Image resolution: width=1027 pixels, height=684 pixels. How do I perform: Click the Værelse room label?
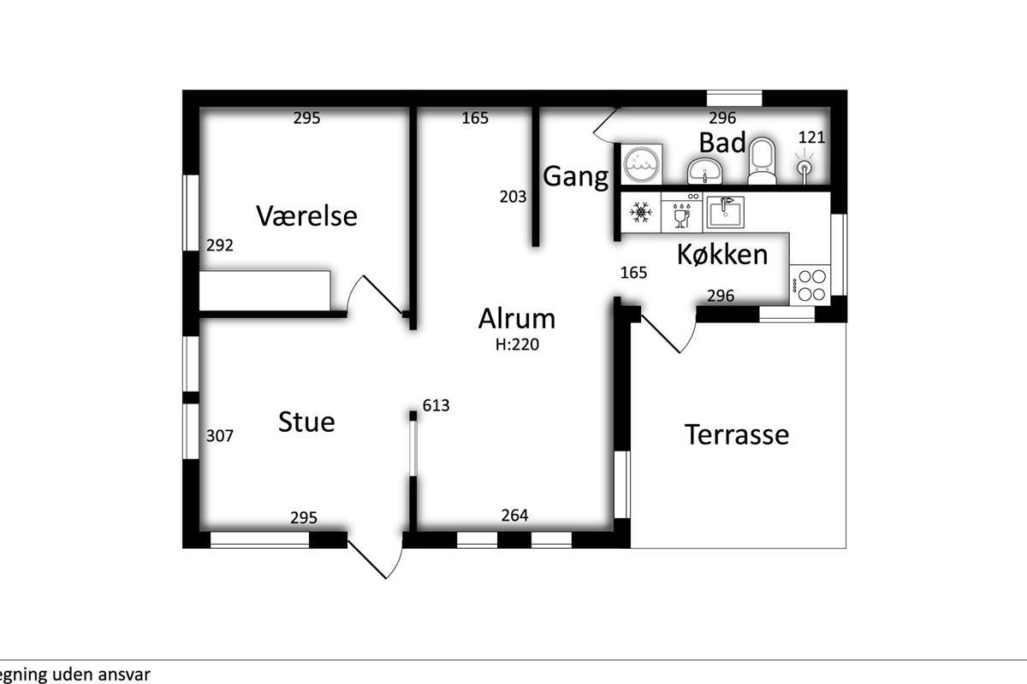(306, 215)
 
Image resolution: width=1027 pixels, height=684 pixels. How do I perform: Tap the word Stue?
(306, 422)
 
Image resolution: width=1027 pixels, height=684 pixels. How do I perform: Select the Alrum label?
(517, 318)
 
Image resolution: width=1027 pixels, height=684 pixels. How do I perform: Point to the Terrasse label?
(737, 434)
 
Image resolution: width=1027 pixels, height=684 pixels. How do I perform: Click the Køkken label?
(722, 254)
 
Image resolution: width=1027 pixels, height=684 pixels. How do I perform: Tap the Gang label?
(576, 177)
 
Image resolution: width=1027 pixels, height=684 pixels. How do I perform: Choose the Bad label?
(722, 142)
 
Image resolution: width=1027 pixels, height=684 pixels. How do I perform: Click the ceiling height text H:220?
(517, 344)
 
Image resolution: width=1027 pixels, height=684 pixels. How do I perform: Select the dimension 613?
(436, 405)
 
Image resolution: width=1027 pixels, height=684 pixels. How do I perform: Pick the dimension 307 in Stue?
(220, 436)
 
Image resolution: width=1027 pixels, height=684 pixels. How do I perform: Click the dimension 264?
(515, 516)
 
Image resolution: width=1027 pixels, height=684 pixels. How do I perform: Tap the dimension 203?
(513, 197)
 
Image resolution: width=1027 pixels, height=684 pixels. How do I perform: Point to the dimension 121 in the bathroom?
(811, 138)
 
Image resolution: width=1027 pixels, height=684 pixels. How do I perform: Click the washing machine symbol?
(642, 164)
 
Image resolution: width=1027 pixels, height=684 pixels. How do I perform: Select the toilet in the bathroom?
(762, 161)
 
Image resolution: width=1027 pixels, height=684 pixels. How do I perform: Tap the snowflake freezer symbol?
(640, 212)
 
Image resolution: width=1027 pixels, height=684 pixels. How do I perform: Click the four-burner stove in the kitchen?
(810, 285)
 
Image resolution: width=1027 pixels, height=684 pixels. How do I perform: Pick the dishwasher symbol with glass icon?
(682, 212)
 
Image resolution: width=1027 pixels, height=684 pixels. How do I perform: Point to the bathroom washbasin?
(704, 171)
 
